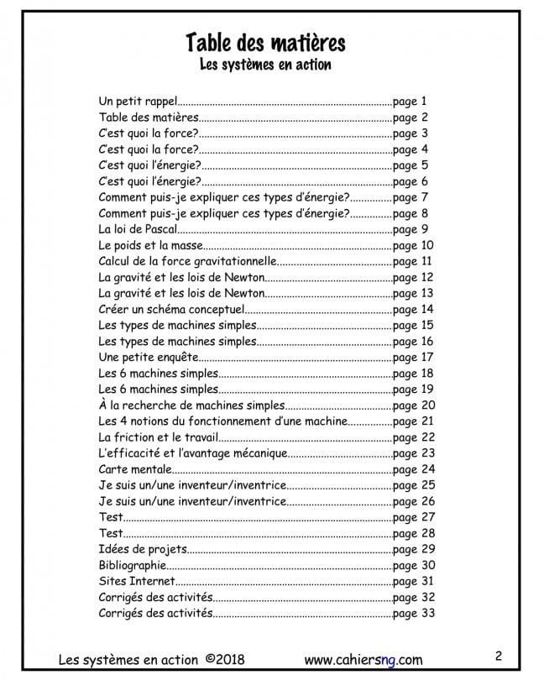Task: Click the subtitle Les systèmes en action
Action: coord(264,64)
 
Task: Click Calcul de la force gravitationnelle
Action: coord(181,261)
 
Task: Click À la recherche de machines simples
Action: coord(191,405)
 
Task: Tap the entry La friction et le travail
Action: coord(158,437)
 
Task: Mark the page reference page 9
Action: coord(411,229)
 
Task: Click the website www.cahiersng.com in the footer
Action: coord(363,659)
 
